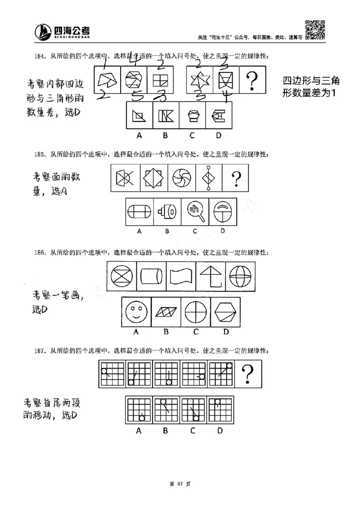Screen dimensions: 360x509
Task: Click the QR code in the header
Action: tap(315, 30)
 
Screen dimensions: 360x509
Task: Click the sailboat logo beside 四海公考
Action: tap(44, 32)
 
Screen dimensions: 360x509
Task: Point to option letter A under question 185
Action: tap(139, 231)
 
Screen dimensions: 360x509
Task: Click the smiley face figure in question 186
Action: tap(136, 311)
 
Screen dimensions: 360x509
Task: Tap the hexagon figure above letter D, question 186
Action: tap(226, 311)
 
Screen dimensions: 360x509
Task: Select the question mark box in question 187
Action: tap(249, 374)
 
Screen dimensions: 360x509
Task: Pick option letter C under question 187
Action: tap(193, 431)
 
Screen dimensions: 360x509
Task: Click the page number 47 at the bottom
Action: tap(180, 484)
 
